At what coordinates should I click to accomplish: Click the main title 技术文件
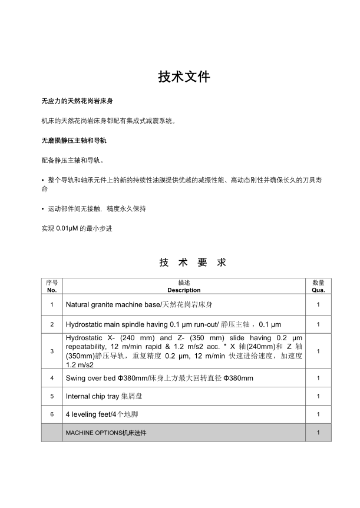pyautogui.click(x=184, y=77)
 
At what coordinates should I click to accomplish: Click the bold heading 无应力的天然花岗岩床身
pyautogui.click(x=74, y=101)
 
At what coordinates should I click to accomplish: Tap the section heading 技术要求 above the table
pyautogui.click(x=192, y=263)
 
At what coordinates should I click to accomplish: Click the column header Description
pyautogui.click(x=184, y=290)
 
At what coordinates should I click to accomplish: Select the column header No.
pyautogui.click(x=52, y=290)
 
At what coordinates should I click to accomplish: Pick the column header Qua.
pyautogui.click(x=318, y=290)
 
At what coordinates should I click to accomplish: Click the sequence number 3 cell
pyautogui.click(x=52, y=351)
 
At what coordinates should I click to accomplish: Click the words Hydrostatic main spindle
pyautogui.click(x=109, y=324)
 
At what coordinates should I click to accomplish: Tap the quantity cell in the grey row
pyautogui.click(x=318, y=433)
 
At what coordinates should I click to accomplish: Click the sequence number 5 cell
pyautogui.click(x=52, y=396)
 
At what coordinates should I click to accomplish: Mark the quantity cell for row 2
pyautogui.click(x=318, y=324)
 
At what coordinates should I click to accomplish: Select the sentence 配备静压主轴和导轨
pyautogui.click(x=72, y=160)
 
